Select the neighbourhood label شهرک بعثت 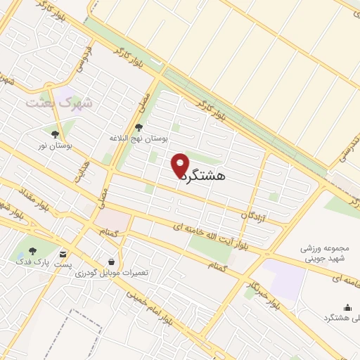click(59, 103)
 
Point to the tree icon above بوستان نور click(56, 134)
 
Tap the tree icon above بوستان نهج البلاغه click(138, 127)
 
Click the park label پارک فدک click(32, 262)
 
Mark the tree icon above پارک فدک click(32, 250)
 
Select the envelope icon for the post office click(64, 253)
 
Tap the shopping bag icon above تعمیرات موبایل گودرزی click(110, 262)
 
